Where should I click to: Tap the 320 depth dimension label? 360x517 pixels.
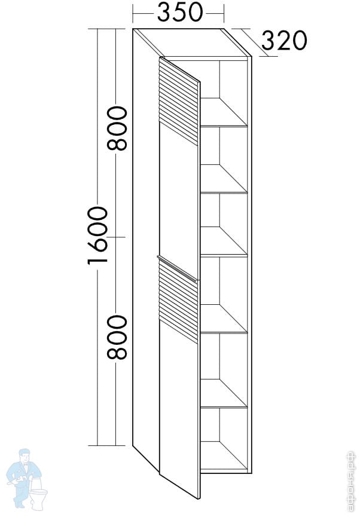tap(284, 41)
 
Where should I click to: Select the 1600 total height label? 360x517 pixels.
tap(96, 236)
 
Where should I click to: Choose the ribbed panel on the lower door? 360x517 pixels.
tap(178, 299)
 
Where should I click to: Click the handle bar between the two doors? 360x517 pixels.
tap(177, 267)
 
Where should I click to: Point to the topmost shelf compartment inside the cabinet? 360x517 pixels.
tap(226, 93)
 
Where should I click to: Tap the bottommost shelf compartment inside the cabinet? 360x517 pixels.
tap(226, 439)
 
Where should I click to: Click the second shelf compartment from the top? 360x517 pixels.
tap(226, 158)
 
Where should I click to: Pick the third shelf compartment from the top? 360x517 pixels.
tap(226, 224)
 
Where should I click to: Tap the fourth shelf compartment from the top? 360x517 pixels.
tap(226, 293)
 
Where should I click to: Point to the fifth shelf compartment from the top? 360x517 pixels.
tap(226, 368)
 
